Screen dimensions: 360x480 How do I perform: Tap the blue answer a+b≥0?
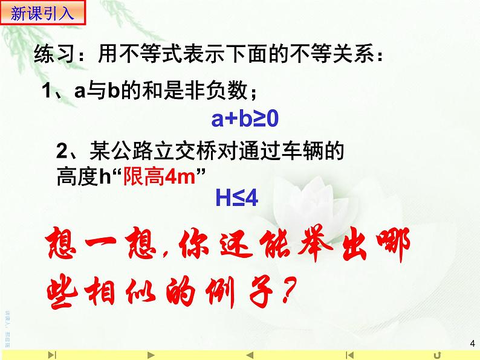point(244,120)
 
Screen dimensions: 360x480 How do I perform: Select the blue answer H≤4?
point(237,197)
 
